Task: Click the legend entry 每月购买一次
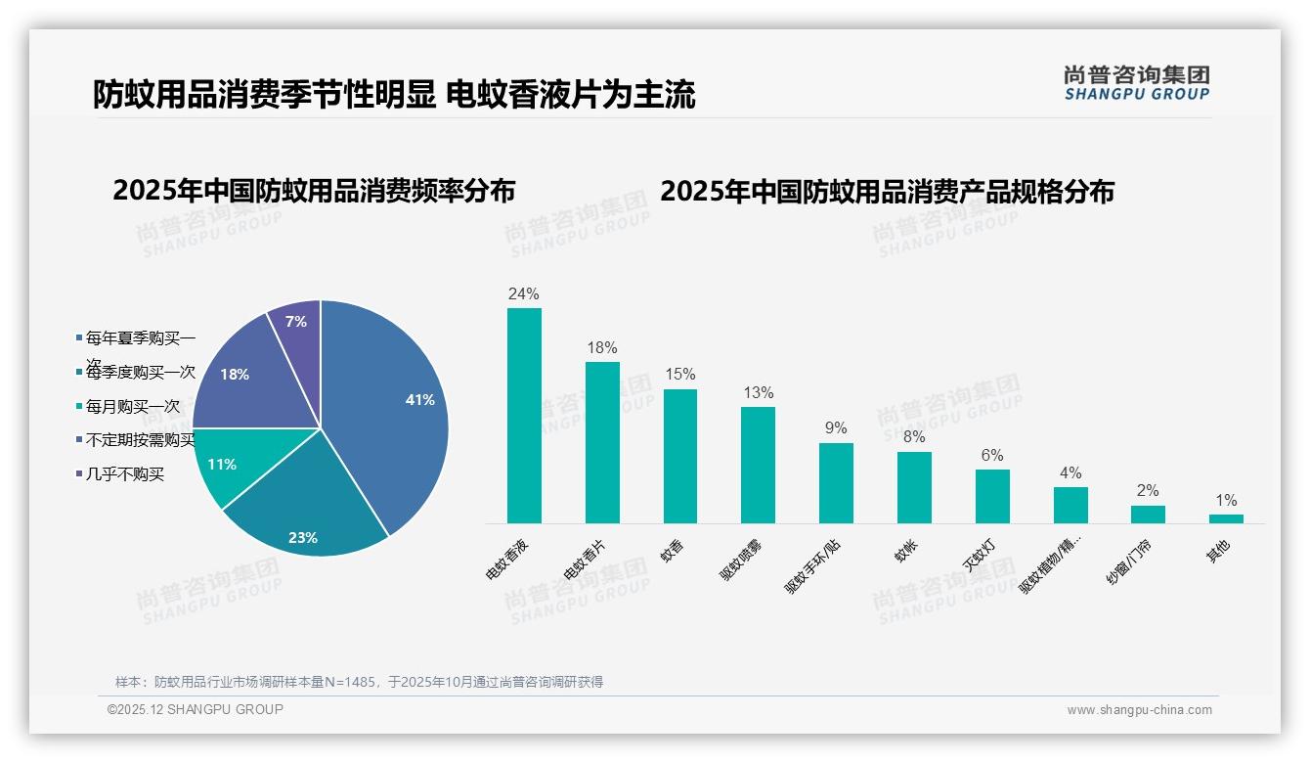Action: (x=132, y=406)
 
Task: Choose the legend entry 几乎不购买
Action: (x=124, y=474)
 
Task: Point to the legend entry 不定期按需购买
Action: (x=140, y=440)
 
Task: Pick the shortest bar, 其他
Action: (x=1226, y=518)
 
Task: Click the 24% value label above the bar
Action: (x=524, y=293)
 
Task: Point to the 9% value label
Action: (x=836, y=428)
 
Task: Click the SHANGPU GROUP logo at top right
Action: (x=1136, y=82)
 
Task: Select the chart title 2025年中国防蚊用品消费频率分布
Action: (x=314, y=191)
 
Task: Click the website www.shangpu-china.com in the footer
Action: (x=1139, y=710)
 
